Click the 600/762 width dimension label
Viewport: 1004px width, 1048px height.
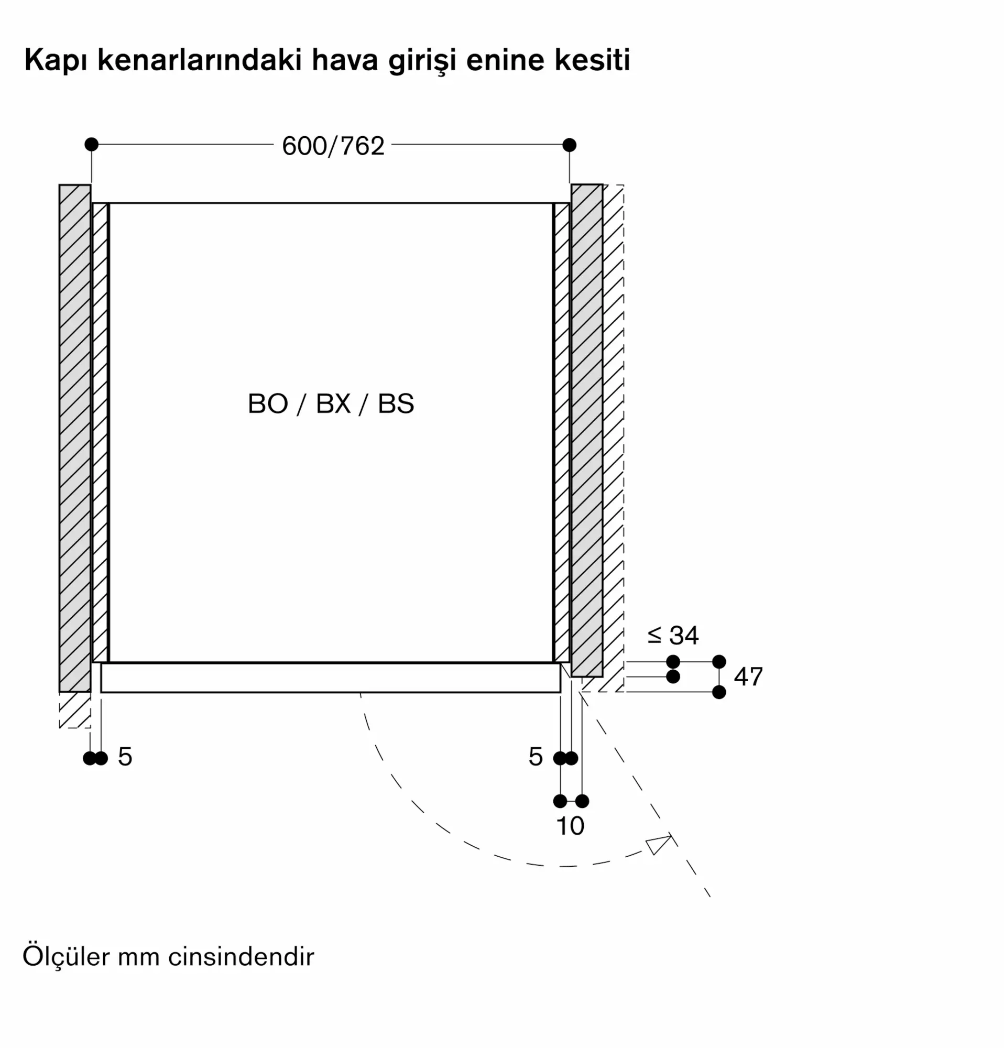(x=333, y=146)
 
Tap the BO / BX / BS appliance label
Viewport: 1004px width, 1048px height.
(x=331, y=403)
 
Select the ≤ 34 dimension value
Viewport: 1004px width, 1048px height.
(x=672, y=635)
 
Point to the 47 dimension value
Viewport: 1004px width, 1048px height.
(x=748, y=677)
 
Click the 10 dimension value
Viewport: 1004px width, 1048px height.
(x=570, y=826)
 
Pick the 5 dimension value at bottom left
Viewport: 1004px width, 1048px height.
(x=125, y=757)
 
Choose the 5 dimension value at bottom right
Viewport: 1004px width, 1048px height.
(x=535, y=757)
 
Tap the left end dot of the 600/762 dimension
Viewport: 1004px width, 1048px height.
(x=91, y=145)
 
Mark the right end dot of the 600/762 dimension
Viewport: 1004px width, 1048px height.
(x=570, y=145)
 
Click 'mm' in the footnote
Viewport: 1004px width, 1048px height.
(x=139, y=957)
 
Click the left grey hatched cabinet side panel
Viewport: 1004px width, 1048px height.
(x=75, y=439)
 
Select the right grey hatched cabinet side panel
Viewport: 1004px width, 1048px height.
(x=586, y=430)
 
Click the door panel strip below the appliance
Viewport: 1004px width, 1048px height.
(x=331, y=678)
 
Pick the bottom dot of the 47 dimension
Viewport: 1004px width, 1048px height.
(x=719, y=692)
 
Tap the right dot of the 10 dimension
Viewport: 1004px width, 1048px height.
(x=582, y=801)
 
